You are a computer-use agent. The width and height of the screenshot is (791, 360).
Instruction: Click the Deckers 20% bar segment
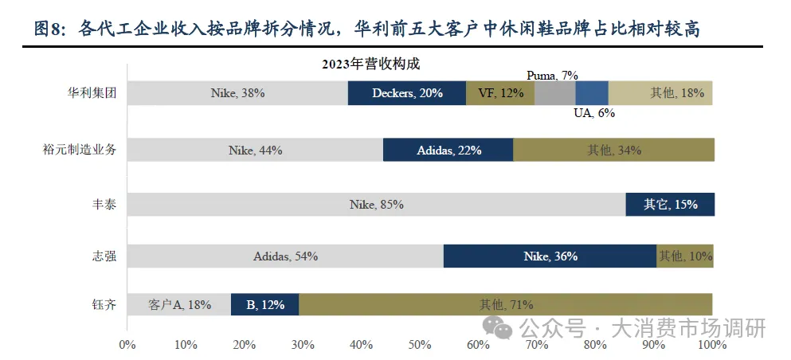point(407,93)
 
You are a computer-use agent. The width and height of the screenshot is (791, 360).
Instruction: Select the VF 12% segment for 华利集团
point(500,93)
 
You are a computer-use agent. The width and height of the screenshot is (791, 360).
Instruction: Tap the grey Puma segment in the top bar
point(554,93)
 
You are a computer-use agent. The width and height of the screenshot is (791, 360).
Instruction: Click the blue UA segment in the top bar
point(592,93)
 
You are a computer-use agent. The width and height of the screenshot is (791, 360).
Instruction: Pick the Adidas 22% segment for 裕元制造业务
point(448,150)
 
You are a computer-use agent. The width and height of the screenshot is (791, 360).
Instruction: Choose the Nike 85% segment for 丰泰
point(376,205)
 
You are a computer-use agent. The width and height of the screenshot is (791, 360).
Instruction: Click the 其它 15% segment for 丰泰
point(670,205)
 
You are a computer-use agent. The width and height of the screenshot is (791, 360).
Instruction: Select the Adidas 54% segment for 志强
point(285,256)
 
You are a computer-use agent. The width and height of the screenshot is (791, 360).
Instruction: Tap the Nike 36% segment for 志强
point(550,256)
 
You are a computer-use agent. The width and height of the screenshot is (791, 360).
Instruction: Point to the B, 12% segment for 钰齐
point(264,304)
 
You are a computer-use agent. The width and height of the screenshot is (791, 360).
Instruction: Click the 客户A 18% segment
point(179,304)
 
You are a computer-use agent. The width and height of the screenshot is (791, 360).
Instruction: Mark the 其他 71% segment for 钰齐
point(506,304)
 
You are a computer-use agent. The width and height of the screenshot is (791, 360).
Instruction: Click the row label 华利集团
point(92,93)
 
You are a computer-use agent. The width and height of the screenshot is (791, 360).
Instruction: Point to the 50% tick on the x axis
point(420,345)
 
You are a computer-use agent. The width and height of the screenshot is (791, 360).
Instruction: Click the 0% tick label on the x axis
point(127,345)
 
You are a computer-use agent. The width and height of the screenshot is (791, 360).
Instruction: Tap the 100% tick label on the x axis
point(711,345)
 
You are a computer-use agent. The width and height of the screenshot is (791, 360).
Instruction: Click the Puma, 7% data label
point(552,75)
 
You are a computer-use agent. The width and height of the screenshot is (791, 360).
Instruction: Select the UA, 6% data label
point(594,113)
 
